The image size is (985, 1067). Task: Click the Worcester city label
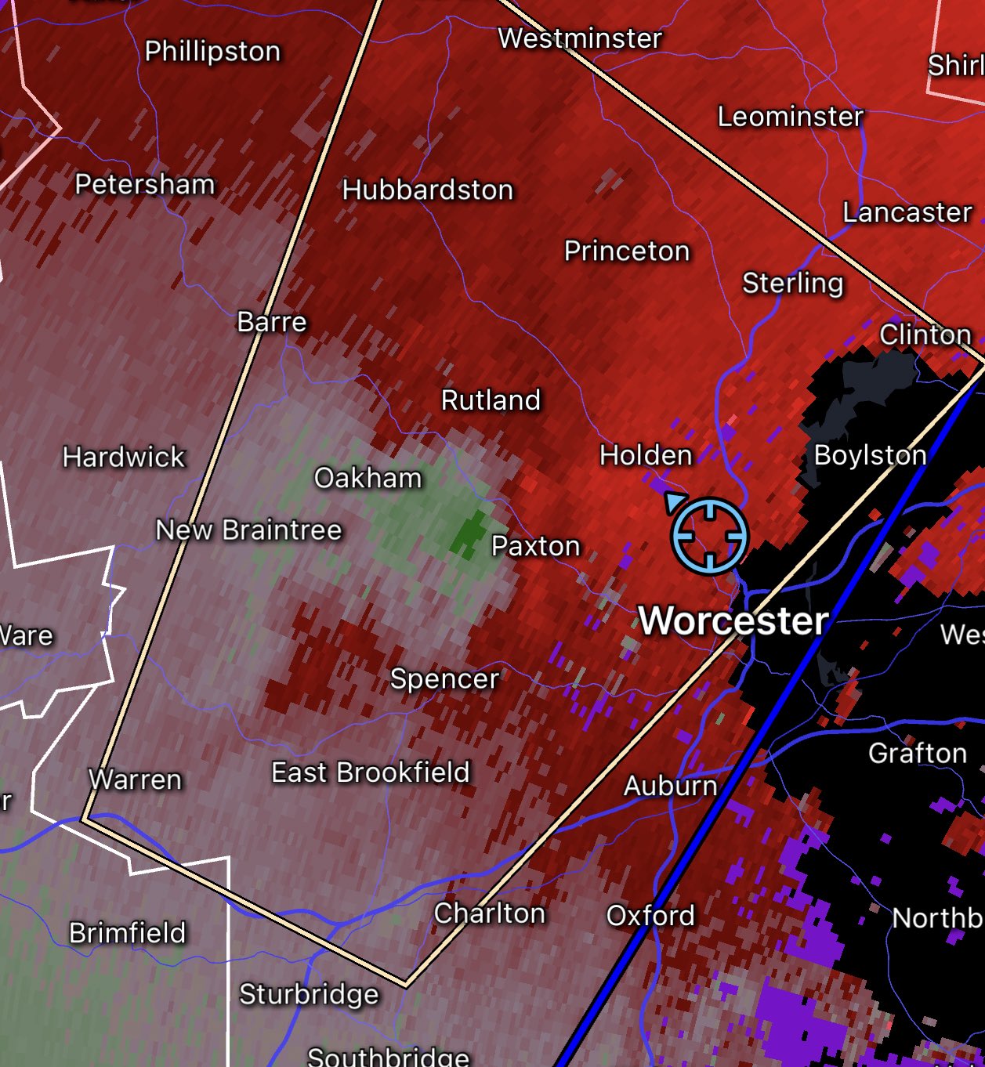[733, 620]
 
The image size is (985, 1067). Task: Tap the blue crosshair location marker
[709, 536]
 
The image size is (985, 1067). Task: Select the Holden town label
[646, 455]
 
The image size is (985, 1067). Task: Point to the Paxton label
[535, 546]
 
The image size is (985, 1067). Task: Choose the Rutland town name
[491, 400]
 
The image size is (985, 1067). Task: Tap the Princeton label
[627, 251]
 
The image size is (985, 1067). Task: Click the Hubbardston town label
[428, 190]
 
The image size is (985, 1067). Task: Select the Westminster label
[580, 38]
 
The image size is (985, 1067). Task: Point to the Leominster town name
[791, 117]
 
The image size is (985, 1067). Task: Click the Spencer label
[444, 678]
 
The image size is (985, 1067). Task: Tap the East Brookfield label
[370, 772]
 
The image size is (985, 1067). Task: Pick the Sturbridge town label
[309, 994]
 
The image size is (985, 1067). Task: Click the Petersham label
[145, 184]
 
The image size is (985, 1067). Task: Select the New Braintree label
[248, 530]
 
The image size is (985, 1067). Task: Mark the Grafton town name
[917, 754]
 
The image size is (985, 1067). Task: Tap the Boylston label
[870, 455]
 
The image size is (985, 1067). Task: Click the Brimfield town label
[128, 933]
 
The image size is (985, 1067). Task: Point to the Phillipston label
[212, 52]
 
